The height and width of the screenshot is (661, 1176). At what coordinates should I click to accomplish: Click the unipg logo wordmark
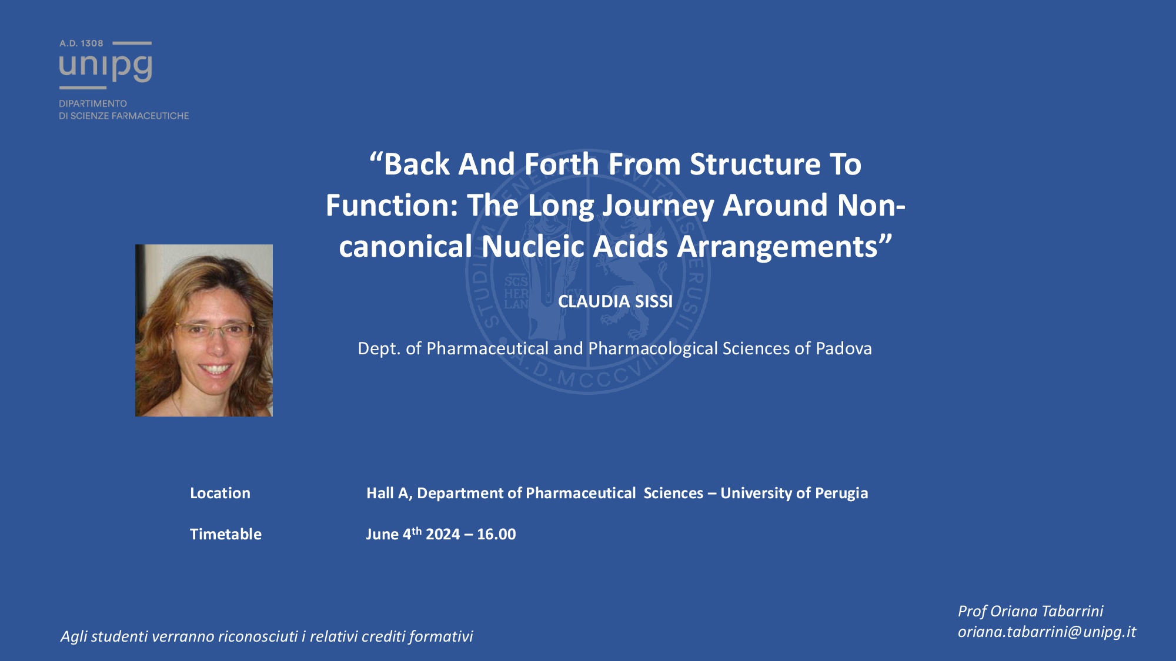click(x=106, y=66)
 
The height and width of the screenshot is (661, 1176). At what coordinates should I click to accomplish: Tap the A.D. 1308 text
click(x=81, y=43)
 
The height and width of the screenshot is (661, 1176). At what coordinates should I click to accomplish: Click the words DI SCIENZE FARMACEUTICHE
click(x=124, y=116)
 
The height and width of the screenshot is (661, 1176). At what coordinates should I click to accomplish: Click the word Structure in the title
click(x=755, y=164)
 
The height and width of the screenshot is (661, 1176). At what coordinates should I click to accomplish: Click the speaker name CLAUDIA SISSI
click(x=615, y=301)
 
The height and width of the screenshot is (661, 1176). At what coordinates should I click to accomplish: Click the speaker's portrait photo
click(x=204, y=330)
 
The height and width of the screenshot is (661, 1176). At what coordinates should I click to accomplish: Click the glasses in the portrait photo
click(x=215, y=330)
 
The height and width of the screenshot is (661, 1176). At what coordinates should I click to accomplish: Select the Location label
click(x=220, y=493)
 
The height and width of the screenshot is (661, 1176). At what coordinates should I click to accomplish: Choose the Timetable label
click(x=226, y=534)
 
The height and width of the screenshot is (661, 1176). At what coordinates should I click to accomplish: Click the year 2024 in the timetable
click(x=443, y=534)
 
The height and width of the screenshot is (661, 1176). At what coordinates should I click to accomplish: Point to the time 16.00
click(x=496, y=534)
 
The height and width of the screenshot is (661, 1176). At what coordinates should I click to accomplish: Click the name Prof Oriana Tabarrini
click(x=1031, y=611)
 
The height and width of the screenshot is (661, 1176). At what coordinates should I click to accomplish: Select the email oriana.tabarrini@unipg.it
click(x=1047, y=632)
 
